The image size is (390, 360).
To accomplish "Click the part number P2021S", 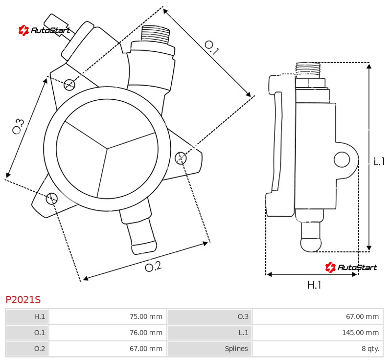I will pyautogui.click(x=23, y=299).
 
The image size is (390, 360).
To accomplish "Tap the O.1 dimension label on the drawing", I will pyautogui.click(x=211, y=47).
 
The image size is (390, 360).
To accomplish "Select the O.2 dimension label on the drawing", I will pyautogui.click(x=153, y=266).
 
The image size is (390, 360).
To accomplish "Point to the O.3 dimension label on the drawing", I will pyautogui.click(x=18, y=126).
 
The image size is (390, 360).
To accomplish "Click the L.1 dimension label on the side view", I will pyautogui.click(x=379, y=161).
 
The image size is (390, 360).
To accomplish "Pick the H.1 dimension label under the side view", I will pyautogui.click(x=314, y=285).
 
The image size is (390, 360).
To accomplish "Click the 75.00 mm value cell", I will pyautogui.click(x=108, y=316).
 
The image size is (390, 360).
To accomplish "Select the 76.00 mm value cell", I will pyautogui.click(x=108, y=333).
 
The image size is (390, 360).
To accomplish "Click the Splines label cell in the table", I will pyautogui.click(x=209, y=349).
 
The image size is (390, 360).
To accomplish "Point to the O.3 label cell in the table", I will pyautogui.click(x=209, y=316).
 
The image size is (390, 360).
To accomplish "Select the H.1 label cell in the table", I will pyautogui.click(x=27, y=316).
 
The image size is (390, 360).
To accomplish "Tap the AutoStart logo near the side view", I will pyautogui.click(x=351, y=267).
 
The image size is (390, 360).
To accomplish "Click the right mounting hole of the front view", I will pyautogui.click(x=181, y=157).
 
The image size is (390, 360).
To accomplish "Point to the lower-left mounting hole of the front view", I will pyautogui.click(x=52, y=198).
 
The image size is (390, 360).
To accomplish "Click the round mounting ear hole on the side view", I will pyautogui.click(x=342, y=159).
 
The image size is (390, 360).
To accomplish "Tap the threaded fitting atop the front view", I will pyautogui.click(x=155, y=35).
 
